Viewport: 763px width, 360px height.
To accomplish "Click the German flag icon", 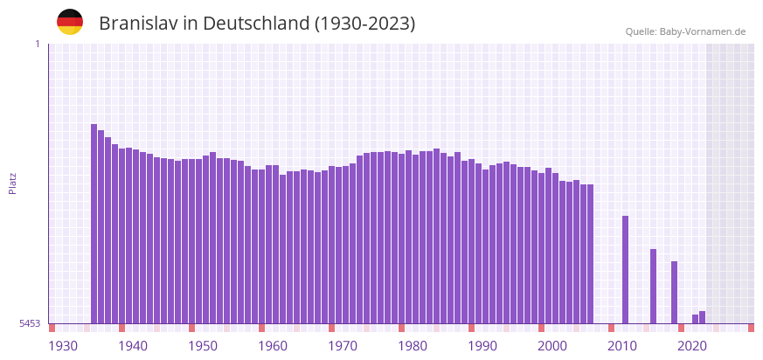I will click(70, 22).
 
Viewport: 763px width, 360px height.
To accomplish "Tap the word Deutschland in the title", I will click(254, 24).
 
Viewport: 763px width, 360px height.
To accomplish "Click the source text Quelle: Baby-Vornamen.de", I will click(685, 31).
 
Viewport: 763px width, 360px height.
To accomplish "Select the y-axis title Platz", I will click(12, 183).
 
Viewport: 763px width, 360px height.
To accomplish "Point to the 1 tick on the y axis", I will click(37, 44).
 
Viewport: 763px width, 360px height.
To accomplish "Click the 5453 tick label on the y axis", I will click(30, 323).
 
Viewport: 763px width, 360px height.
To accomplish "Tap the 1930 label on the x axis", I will click(63, 346).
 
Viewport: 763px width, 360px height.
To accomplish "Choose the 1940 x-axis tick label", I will click(133, 346).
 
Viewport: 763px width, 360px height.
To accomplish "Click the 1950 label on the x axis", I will click(203, 346).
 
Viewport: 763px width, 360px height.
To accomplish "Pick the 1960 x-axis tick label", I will click(273, 346).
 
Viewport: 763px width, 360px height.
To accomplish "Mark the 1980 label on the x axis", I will click(413, 346).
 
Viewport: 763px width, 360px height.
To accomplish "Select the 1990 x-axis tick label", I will click(482, 346).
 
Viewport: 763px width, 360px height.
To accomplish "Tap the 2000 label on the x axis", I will click(552, 346).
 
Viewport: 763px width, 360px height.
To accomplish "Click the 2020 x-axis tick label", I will click(692, 346).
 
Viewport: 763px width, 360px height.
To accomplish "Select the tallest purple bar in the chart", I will click(94, 223).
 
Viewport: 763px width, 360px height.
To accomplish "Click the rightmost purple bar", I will click(703, 317).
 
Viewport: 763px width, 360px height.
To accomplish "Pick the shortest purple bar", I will click(696, 319).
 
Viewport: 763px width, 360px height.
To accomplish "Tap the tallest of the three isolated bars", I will click(626, 269).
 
